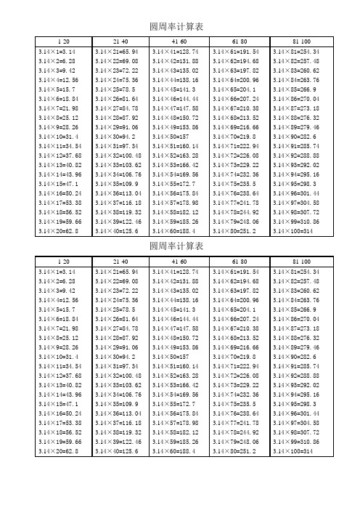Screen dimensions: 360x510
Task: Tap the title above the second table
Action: [x=179, y=247]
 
